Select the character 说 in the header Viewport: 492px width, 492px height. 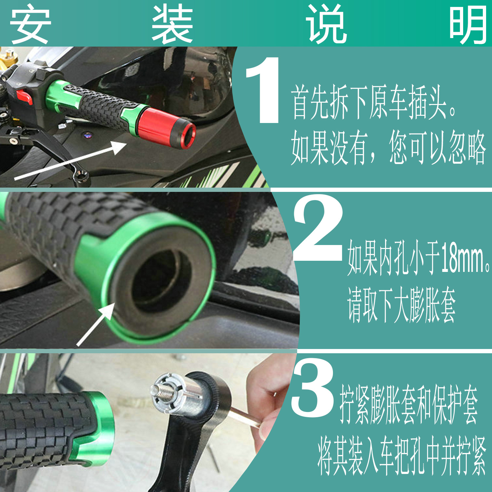(x=326, y=24)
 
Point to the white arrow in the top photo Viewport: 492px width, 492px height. (x=71, y=161)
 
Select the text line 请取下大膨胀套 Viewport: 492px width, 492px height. (x=401, y=305)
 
